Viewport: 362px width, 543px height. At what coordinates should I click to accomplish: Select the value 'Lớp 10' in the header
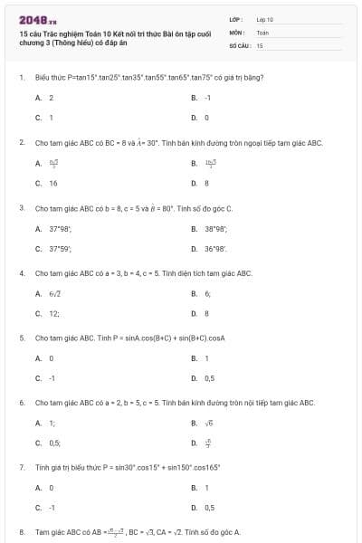pos(265,19)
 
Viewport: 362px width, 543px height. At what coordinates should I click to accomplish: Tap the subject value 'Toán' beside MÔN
pos(262,32)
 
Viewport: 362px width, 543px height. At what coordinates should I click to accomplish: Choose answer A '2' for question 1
pos(51,97)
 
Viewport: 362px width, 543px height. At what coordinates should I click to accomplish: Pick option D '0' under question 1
pos(206,118)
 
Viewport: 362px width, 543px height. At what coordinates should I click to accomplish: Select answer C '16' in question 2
pos(52,183)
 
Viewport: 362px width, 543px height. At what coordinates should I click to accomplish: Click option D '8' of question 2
pos(206,183)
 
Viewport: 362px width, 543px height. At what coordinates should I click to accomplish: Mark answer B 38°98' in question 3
pos(214,228)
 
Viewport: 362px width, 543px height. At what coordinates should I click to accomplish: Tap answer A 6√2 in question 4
pos(54,293)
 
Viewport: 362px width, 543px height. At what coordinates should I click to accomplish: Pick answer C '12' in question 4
pos(53,313)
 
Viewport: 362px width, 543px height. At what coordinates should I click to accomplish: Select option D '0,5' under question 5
pos(209,378)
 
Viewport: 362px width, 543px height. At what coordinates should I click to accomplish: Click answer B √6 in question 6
pos(207,423)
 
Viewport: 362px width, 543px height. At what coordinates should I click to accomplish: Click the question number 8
pos(21,532)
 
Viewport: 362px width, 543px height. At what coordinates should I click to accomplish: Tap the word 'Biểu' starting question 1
pos(41,77)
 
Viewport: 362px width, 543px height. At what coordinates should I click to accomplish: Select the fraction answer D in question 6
pos(207,443)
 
